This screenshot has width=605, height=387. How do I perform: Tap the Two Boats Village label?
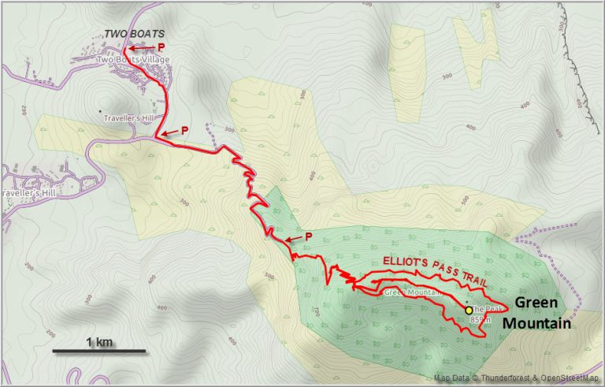click(129, 60)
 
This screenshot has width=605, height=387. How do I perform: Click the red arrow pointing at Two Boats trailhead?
click(141, 48)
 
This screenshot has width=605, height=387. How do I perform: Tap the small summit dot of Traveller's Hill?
click(100, 111)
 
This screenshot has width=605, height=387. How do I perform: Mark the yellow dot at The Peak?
click(470, 311)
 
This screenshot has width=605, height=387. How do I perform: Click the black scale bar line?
click(99, 350)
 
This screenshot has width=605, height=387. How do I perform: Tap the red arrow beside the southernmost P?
click(292, 240)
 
